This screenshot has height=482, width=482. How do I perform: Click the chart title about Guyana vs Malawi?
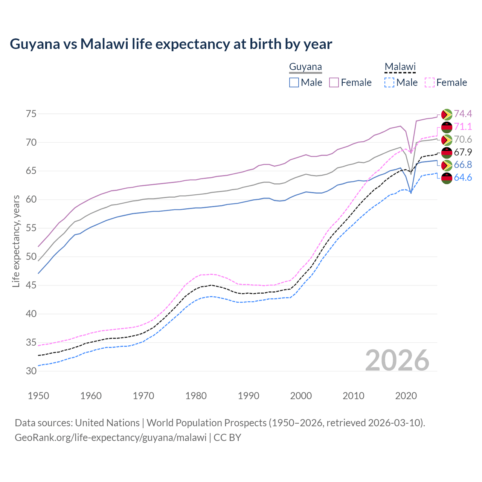[x=171, y=44]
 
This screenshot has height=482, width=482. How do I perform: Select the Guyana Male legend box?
[x=294, y=82]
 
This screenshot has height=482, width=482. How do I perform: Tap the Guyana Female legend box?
[x=334, y=82]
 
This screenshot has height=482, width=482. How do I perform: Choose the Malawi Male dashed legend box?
[x=389, y=82]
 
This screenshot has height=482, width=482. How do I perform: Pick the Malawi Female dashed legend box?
[x=430, y=82]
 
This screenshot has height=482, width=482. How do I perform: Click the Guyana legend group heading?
[x=305, y=67]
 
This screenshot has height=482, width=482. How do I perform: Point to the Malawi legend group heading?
[x=400, y=67]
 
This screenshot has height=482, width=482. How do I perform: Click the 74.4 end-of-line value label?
[x=463, y=114]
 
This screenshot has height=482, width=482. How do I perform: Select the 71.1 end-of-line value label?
[x=463, y=127]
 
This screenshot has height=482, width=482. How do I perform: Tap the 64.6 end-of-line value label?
[x=463, y=177]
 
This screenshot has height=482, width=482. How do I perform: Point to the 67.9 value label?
[x=463, y=152]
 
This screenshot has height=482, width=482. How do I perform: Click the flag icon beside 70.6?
[x=447, y=140]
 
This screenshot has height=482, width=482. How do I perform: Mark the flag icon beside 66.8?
[x=447, y=165]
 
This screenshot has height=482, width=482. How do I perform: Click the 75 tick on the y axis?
[x=31, y=114]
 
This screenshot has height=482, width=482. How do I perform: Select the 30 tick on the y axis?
[x=31, y=371]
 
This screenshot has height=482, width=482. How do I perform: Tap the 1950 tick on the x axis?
[x=38, y=396]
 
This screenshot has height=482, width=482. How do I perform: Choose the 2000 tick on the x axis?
[x=301, y=396]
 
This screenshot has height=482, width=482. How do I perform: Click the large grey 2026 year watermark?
[x=397, y=360]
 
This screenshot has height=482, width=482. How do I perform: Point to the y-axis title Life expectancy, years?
[x=16, y=241]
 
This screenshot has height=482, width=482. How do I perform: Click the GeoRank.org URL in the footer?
[x=111, y=438]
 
